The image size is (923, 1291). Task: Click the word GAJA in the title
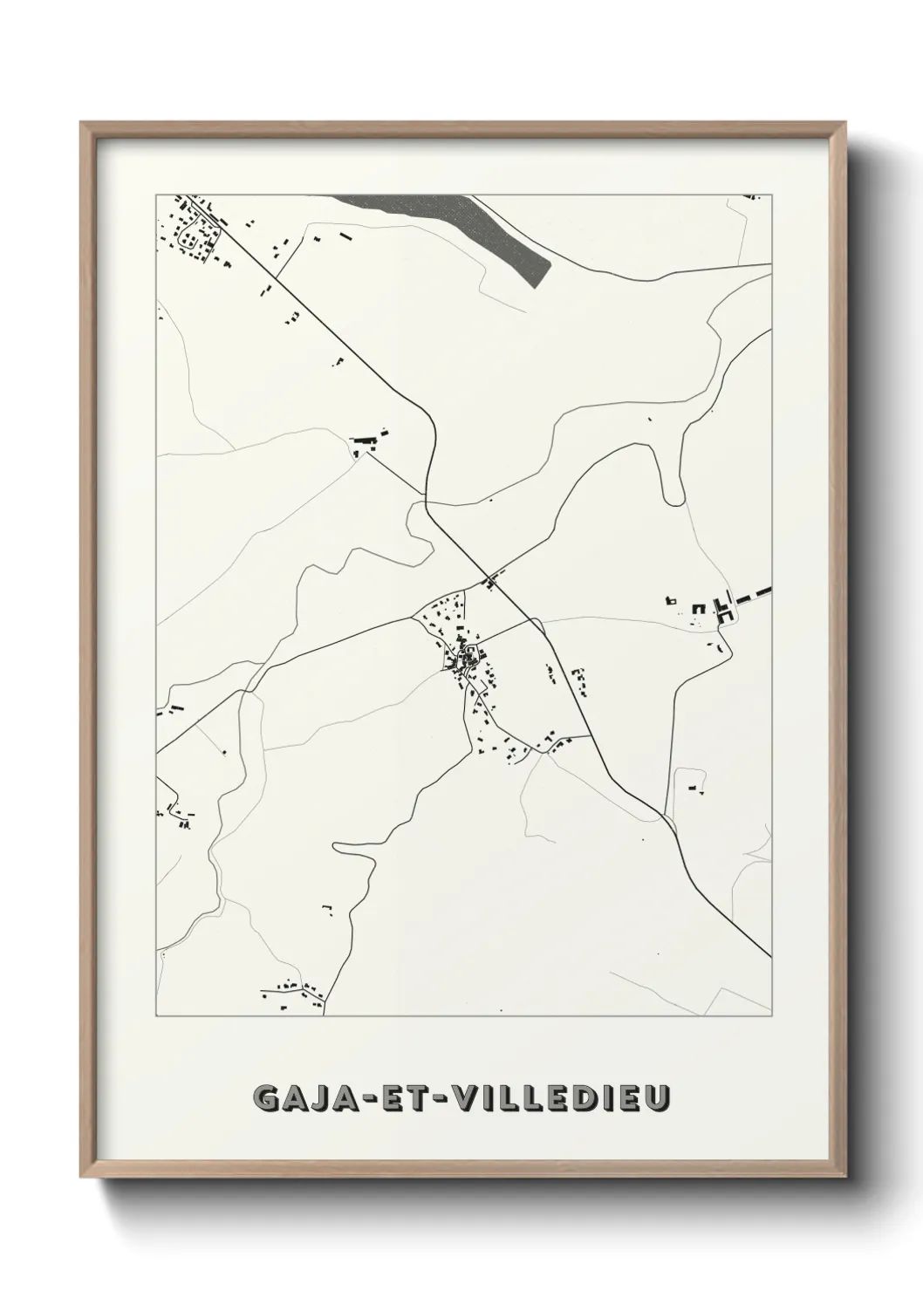coord(300,1098)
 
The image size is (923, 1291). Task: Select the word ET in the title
coord(399,1098)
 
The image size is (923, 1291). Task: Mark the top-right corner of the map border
coord(772,195)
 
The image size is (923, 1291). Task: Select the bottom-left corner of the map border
coord(156,1016)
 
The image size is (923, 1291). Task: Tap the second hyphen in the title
coord(434,1099)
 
